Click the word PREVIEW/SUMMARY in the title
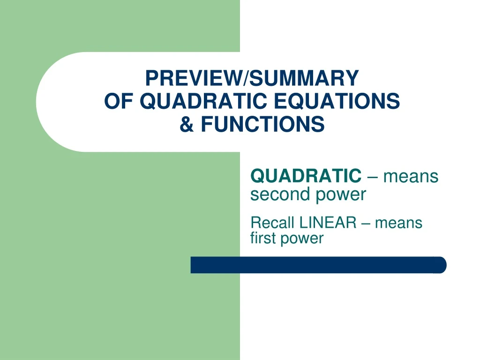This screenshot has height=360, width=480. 252,78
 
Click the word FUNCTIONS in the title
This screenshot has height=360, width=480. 262,125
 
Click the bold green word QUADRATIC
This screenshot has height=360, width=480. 306,176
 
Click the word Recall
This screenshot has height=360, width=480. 273,222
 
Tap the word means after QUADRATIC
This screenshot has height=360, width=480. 411,177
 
